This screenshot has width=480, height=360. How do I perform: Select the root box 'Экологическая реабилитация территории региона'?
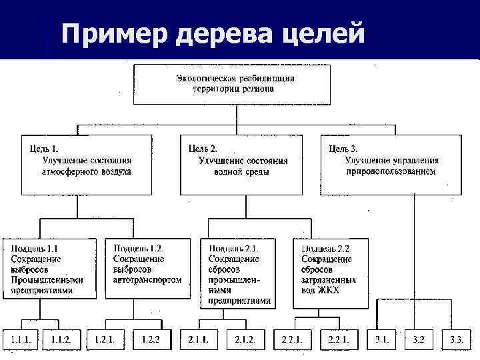[235, 83]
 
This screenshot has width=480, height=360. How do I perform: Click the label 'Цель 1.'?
[45, 149]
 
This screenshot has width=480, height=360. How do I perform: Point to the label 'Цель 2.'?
[203, 149]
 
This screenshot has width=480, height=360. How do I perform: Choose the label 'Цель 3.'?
[344, 149]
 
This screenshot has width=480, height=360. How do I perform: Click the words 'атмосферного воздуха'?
[87, 171]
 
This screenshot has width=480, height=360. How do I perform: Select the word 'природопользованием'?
[391, 171]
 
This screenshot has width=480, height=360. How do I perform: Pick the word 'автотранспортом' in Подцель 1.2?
[148, 280]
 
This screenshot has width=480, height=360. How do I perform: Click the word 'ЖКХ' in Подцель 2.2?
[328, 291]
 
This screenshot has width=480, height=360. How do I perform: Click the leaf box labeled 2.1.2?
[245, 339]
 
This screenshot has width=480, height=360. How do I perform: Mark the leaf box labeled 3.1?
[382, 339]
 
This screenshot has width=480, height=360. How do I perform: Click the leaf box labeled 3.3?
[457, 339]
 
